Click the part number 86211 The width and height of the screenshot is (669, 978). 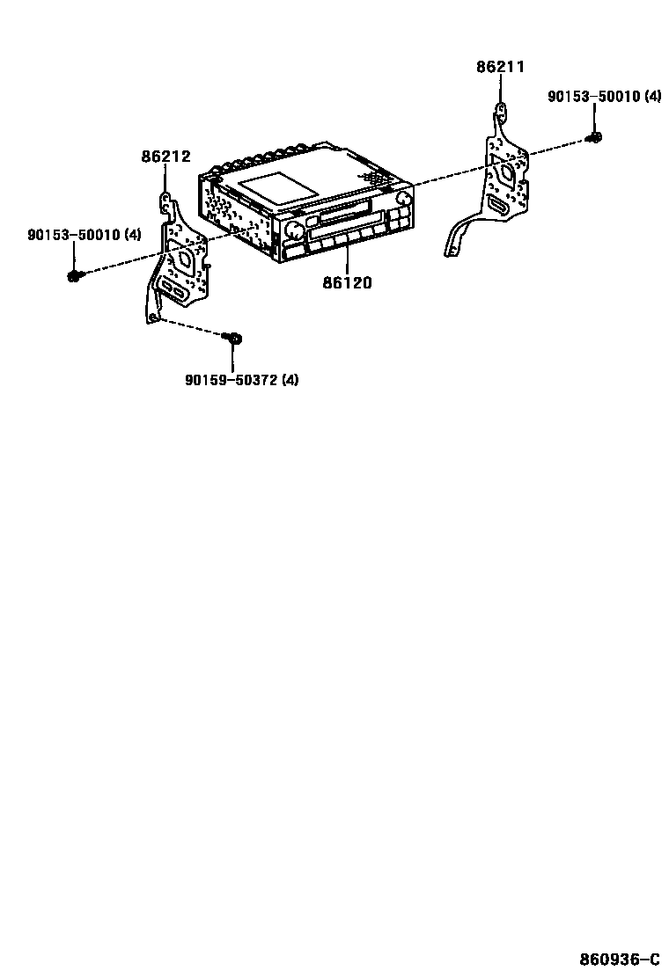coord(500,66)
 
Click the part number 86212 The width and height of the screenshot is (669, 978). coord(165,157)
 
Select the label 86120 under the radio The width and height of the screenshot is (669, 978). coord(347,282)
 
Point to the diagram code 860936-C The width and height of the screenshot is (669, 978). coord(619,958)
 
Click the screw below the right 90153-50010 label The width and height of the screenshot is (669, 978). coord(594,136)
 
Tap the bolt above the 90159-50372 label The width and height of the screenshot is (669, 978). coord(234,338)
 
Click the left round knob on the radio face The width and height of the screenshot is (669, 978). coord(293,231)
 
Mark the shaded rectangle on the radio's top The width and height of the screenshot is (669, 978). coord(278,186)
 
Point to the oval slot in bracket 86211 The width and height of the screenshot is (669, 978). coord(498,207)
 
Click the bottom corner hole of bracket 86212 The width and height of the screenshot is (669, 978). coord(153,317)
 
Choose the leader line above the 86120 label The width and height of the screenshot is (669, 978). coord(347,259)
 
